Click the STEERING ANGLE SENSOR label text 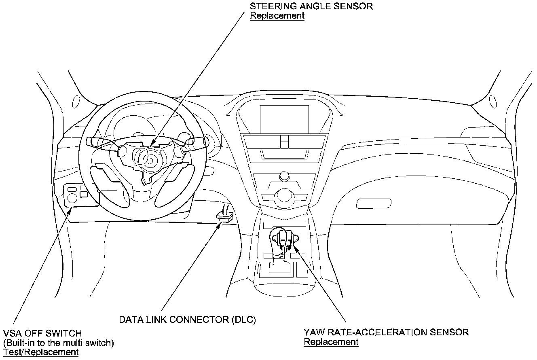pos(311,6)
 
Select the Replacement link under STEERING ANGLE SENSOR pos(277,16)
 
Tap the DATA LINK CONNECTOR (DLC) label pos(187,320)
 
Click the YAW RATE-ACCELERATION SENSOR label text pos(386,332)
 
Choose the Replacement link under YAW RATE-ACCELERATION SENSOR pos(331,342)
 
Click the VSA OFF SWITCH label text pos(42,333)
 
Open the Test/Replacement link pos(40,352)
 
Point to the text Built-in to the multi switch pos(59,343)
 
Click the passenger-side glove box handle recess pos(373,203)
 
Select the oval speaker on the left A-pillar pos(76,101)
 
